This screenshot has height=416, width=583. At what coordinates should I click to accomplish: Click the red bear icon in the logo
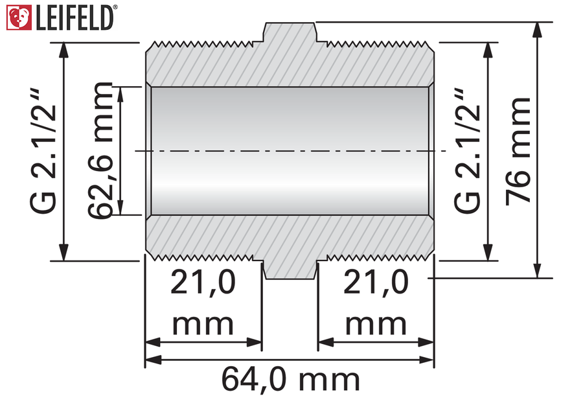19,17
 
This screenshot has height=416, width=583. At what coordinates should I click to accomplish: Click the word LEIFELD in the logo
74,18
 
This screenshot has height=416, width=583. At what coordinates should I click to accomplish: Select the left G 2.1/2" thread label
43,152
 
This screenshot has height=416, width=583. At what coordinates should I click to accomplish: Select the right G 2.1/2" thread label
467,152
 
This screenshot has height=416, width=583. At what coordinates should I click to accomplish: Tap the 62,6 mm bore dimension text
100,150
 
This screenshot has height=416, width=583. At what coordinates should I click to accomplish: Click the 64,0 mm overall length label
291,379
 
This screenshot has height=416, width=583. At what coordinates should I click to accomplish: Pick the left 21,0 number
203,283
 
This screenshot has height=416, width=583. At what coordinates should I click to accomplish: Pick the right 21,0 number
376,283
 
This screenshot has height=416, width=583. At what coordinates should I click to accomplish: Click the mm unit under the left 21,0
203,325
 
